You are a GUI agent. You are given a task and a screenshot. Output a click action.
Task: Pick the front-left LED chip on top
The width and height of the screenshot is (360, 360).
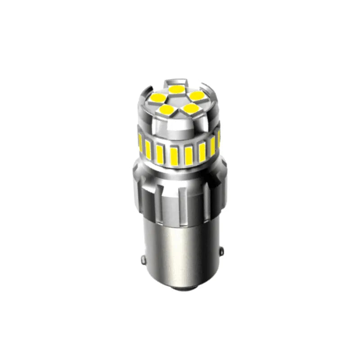[x=166, y=109]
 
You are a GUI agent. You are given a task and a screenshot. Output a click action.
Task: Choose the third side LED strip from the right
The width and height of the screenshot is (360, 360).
[x=201, y=151]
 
